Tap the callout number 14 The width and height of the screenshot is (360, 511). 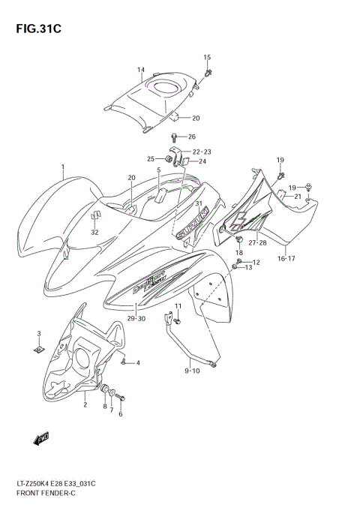140,71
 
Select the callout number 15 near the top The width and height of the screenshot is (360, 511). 207,58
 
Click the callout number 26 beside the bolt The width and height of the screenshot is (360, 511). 191,137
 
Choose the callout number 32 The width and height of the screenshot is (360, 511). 94,232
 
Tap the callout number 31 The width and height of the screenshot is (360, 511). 199,204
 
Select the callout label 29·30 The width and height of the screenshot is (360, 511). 135,318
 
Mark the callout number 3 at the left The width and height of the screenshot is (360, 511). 39,332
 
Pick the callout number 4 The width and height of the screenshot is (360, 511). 138,363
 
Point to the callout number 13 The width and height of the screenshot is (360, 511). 249,267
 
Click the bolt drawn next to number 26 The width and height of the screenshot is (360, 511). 174,137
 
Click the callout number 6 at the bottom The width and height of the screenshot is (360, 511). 120,414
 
